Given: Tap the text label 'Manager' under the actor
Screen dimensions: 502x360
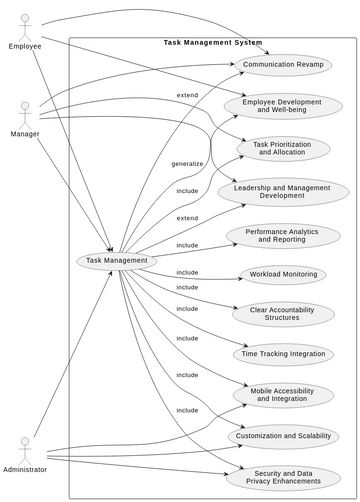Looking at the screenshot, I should [x=25, y=134].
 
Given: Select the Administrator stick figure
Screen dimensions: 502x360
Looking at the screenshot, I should [x=25, y=446].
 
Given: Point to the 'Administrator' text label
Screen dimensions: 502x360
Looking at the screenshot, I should [x=25, y=469].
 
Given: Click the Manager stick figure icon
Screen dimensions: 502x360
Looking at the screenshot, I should [x=25, y=111].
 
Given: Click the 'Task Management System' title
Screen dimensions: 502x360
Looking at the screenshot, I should [x=213, y=43].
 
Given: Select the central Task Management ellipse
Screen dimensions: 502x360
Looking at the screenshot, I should [x=117, y=260].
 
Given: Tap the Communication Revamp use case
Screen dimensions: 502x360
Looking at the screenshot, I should [x=282, y=65].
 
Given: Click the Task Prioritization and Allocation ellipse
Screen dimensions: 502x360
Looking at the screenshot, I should [x=282, y=148].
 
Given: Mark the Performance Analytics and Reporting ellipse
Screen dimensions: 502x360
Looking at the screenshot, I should [x=282, y=235].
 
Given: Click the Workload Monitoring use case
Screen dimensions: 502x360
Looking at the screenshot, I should [x=282, y=274].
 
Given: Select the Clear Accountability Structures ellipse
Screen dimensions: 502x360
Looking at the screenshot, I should [x=282, y=314].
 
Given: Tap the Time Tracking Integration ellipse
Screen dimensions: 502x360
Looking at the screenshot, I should [x=282, y=354].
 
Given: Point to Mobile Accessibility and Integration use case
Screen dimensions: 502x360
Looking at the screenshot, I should [x=282, y=394].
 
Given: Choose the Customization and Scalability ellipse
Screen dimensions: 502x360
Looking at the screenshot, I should [x=282, y=436].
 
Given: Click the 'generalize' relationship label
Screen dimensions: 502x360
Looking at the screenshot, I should [x=187, y=163].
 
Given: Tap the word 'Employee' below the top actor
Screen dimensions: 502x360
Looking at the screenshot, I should [x=25, y=46].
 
